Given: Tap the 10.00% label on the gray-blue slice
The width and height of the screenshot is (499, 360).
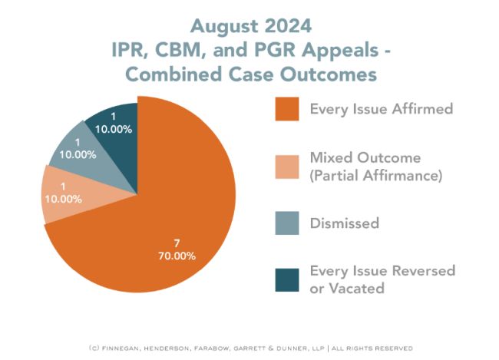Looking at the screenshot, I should (x=77, y=154).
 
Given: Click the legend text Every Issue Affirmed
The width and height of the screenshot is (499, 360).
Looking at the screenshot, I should (x=381, y=108).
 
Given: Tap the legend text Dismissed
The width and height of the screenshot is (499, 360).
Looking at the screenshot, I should (x=344, y=223).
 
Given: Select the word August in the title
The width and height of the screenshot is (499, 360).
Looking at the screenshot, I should (x=222, y=26).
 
